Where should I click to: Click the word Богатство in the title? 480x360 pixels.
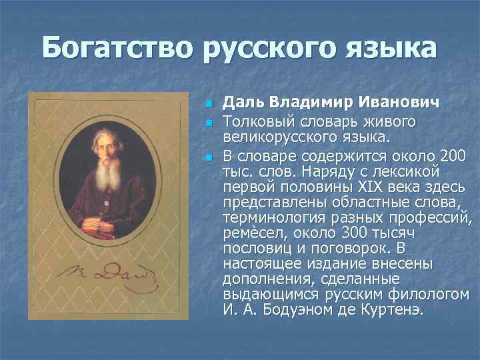pos(115,49)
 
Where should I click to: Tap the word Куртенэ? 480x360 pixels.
pos(390,310)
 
